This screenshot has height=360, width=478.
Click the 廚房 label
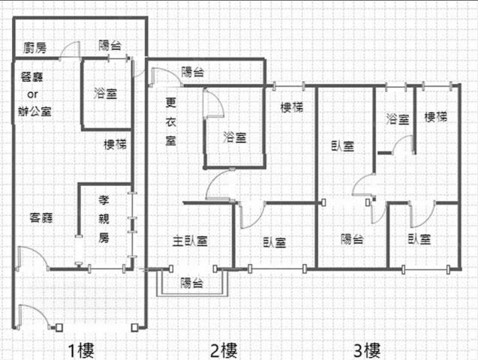click(x=35, y=48)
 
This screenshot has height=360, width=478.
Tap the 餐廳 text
click(x=32, y=76)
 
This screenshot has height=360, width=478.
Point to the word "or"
click(x=32, y=94)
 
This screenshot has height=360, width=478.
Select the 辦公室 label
click(x=35, y=111)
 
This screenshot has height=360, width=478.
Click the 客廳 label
click(x=41, y=217)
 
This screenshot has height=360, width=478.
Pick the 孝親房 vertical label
click(x=104, y=219)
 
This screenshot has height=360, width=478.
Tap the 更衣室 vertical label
click(x=171, y=121)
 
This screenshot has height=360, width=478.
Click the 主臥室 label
click(x=191, y=241)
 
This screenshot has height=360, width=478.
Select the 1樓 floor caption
click(x=81, y=350)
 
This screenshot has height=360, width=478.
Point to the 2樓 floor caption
click(x=224, y=350)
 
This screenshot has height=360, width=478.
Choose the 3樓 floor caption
click(x=367, y=350)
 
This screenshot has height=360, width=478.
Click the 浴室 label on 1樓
click(x=106, y=93)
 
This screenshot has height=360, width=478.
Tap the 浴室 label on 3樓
click(x=398, y=118)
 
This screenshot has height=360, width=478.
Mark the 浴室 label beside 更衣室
click(x=235, y=137)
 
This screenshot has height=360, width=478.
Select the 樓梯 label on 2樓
click(x=292, y=107)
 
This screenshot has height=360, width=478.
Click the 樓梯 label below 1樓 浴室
click(x=116, y=144)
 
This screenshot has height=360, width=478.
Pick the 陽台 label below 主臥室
click(x=192, y=283)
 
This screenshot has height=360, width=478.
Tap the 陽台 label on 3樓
click(x=352, y=239)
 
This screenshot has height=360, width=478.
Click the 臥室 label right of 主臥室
click(x=275, y=242)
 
